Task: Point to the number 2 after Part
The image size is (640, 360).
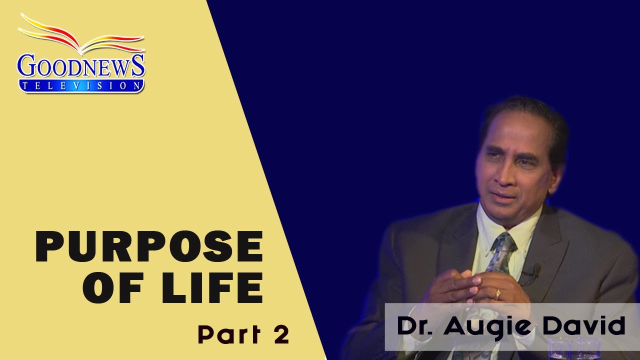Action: tap(281, 334)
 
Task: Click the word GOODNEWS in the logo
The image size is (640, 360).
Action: tap(81, 66)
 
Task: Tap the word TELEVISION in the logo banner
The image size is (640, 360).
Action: tap(81, 86)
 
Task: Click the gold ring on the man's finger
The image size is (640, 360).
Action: tap(497, 294)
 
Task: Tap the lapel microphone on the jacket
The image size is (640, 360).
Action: tap(535, 270)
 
